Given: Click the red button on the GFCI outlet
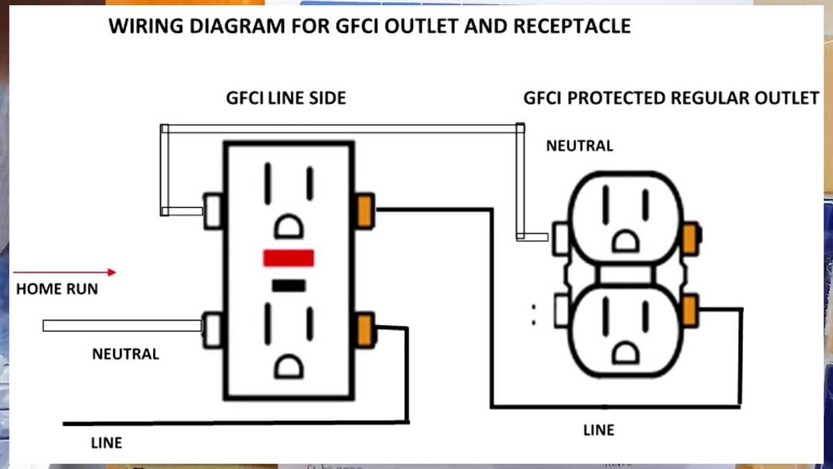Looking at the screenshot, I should point(289,258).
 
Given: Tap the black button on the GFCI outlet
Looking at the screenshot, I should point(289,285).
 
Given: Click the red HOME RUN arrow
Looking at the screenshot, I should point(66,272).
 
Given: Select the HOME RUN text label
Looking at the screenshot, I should point(57,289).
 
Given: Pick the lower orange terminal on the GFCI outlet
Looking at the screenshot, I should point(364,329).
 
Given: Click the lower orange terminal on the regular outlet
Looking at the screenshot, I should point(689,310).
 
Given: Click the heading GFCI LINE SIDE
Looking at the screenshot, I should point(285,99).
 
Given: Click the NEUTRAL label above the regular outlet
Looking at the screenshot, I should point(580,146).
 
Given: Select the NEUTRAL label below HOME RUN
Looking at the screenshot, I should point(126,354).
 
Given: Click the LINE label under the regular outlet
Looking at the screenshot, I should point(598,430).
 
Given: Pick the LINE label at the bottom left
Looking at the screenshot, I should point(106,443).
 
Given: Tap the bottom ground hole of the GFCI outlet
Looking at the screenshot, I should point(288,365).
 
